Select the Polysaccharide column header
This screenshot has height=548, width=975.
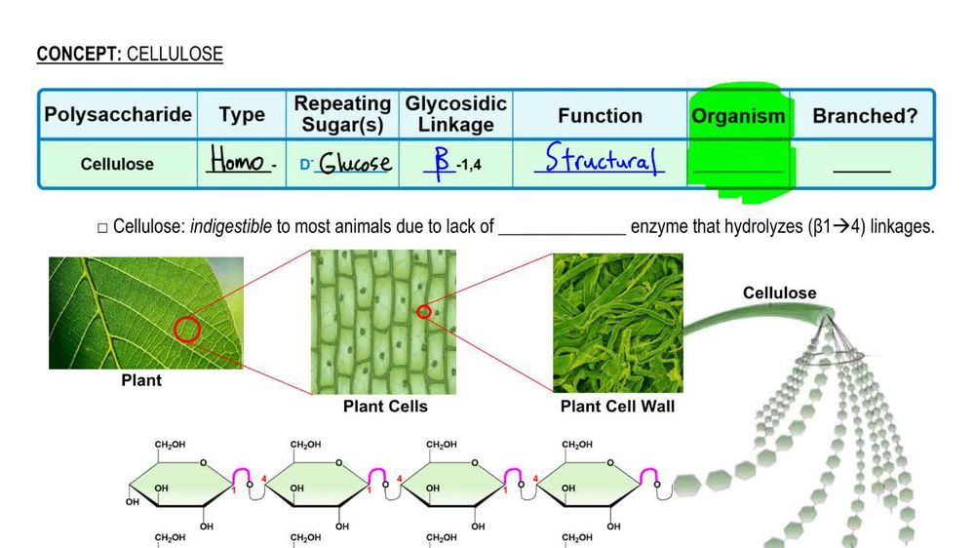point(118,115)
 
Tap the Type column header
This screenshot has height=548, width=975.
point(242,116)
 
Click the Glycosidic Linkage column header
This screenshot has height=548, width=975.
point(455,114)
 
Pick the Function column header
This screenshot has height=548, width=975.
point(600,116)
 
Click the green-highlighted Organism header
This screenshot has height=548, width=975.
point(738,116)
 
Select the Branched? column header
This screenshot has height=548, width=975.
point(865,116)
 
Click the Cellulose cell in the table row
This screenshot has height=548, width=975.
point(117,164)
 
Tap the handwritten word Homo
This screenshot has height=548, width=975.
point(237,162)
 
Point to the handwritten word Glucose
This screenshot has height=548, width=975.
point(356,163)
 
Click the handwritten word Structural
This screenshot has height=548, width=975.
point(599,160)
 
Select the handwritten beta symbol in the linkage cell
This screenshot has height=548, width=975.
point(443,161)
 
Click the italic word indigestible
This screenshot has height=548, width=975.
point(230,227)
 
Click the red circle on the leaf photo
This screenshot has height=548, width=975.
point(186,330)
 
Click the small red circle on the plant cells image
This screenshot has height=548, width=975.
point(423,312)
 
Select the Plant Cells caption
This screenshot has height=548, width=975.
point(385,407)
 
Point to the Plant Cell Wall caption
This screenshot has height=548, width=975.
point(617,407)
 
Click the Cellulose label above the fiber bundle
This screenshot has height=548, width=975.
point(779,293)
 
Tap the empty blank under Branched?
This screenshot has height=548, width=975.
point(862,169)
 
